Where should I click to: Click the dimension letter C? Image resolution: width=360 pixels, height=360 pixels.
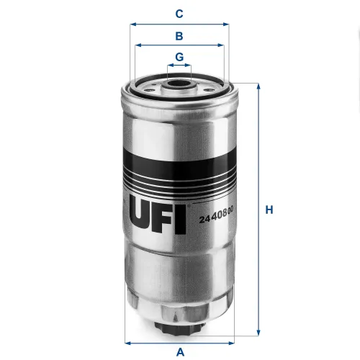pyautogui.click(x=179, y=13)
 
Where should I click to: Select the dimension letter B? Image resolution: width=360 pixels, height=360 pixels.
pyautogui.click(x=179, y=35)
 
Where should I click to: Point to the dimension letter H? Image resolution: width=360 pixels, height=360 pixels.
pyautogui.click(x=269, y=210)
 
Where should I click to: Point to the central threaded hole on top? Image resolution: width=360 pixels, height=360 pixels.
pyautogui.click(x=179, y=84)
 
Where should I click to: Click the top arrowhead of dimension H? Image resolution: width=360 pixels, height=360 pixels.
pyautogui.click(x=257, y=86)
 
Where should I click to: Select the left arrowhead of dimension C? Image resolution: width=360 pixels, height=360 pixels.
pyautogui.click(x=132, y=24)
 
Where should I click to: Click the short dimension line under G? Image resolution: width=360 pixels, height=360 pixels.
pyautogui.click(x=179, y=66)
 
